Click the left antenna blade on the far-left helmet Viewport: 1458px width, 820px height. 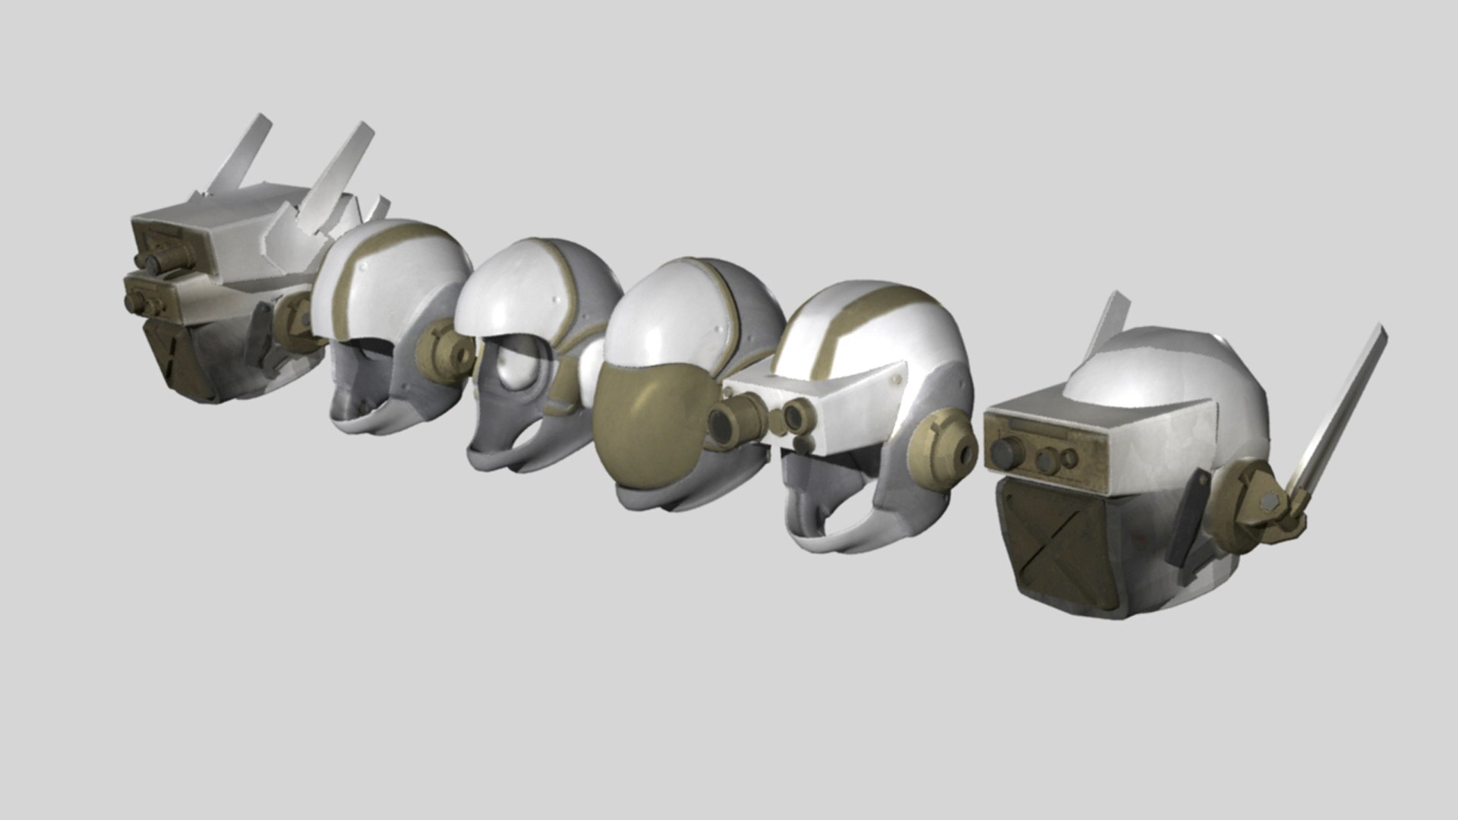tap(240, 155)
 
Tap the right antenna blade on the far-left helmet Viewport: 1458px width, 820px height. tap(342, 167)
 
